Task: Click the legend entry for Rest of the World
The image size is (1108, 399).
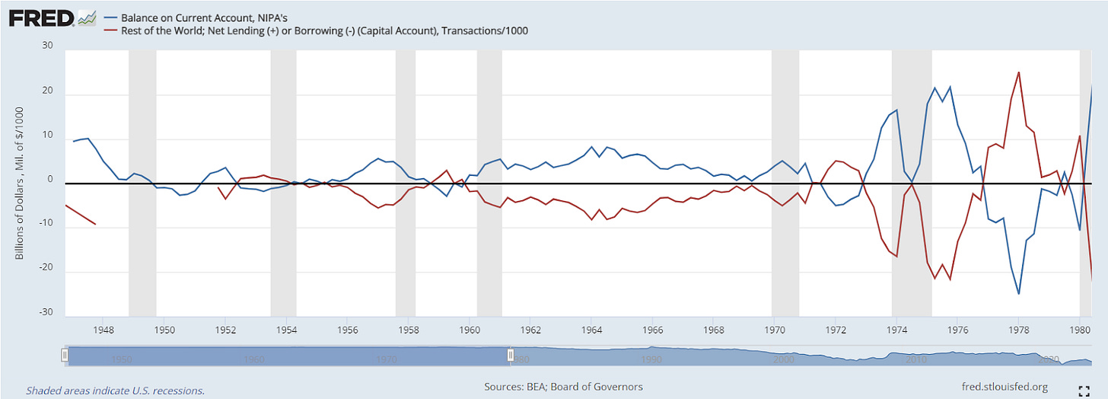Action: (324, 30)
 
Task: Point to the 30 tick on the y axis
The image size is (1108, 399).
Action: (46, 45)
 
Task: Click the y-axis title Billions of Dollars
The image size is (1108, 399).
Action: (20, 183)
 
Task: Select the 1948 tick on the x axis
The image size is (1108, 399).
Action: (103, 330)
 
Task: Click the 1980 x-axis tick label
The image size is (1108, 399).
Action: (1080, 330)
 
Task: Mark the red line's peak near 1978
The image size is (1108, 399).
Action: (1018, 72)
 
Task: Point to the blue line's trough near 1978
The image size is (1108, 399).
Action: (1018, 294)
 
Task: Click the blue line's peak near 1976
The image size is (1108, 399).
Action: (950, 87)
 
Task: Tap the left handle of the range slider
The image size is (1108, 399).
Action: (65, 355)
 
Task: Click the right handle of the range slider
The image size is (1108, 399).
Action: (510, 355)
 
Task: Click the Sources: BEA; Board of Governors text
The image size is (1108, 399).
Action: (563, 387)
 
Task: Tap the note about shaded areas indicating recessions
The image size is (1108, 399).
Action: (116, 390)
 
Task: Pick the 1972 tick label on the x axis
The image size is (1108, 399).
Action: (836, 330)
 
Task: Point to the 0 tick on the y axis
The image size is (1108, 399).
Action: (51, 179)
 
